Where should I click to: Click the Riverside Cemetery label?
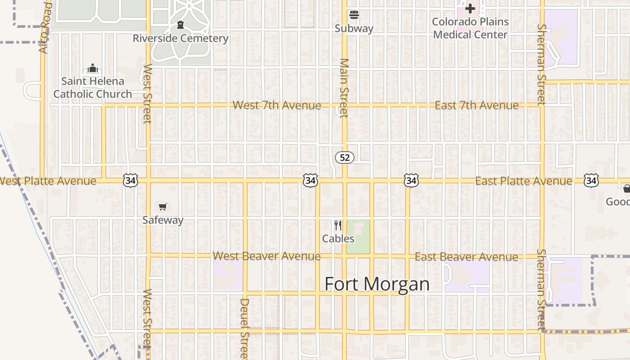[180, 38]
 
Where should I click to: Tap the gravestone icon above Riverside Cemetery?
[180, 24]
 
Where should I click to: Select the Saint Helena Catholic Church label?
[93, 87]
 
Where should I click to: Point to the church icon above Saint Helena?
[93, 68]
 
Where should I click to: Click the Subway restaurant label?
[354, 28]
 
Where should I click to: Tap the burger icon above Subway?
[354, 15]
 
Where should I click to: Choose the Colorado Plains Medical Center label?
[470, 28]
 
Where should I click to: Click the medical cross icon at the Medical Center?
[470, 9]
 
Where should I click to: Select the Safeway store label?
[163, 220]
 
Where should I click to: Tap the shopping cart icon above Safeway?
[163, 207]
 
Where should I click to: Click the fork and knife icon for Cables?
[338, 225]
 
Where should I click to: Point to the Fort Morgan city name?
[377, 284]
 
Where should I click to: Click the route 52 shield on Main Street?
[345, 157]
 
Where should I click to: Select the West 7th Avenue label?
[277, 105]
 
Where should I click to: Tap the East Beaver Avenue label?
[466, 257]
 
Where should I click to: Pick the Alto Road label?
[45, 27]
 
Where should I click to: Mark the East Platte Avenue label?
[524, 181]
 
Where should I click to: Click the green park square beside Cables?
[359, 236]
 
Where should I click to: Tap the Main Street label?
[344, 88]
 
